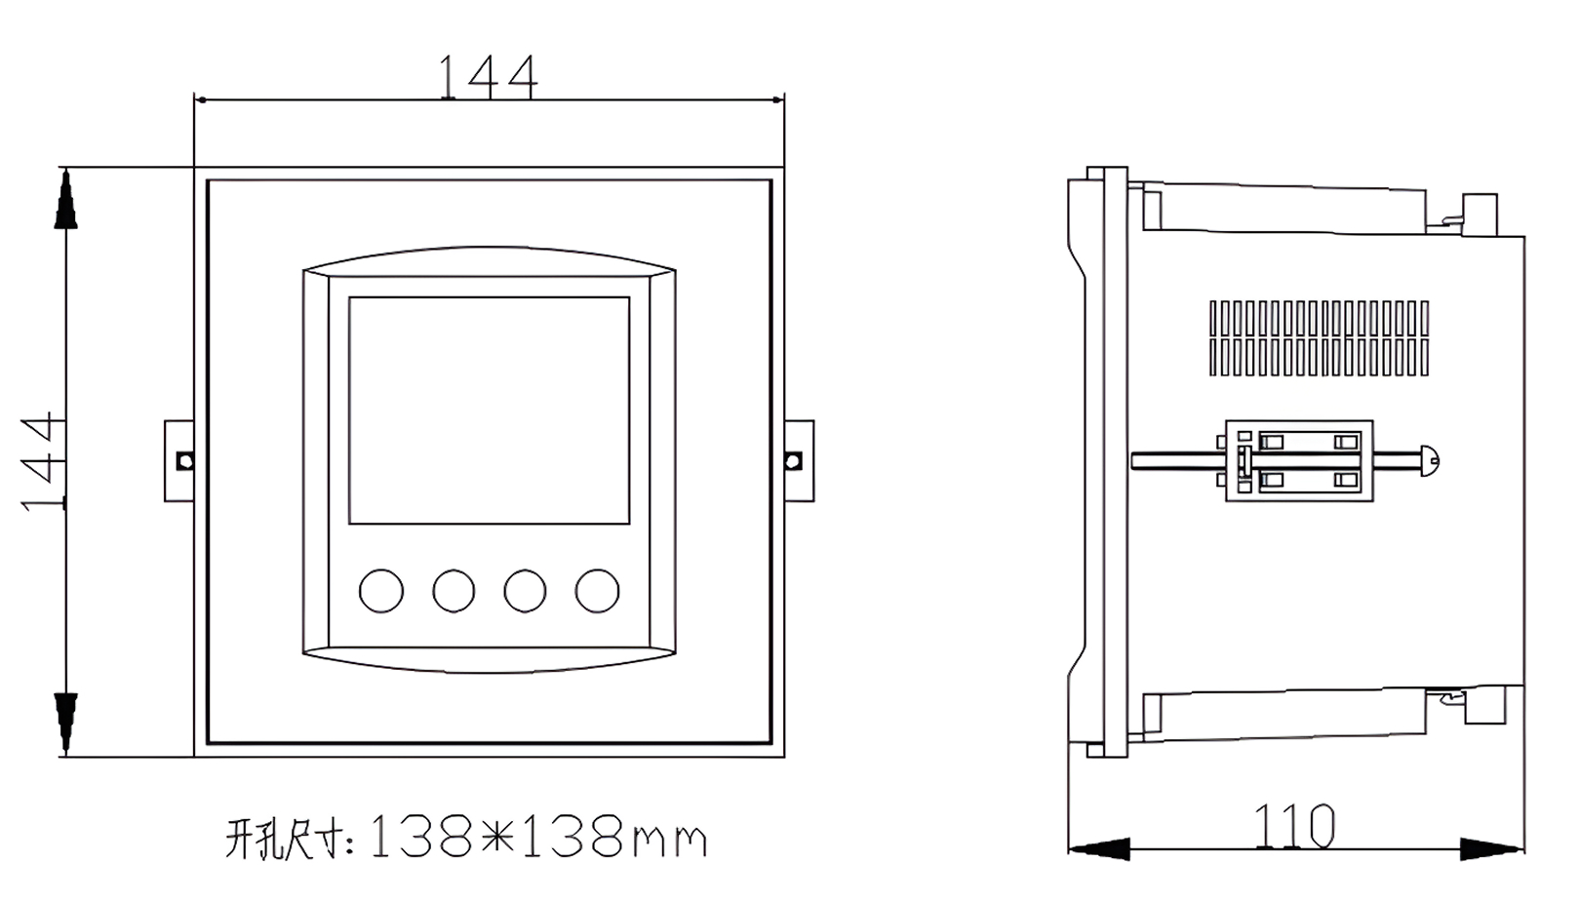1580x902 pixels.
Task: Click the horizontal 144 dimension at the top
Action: (x=487, y=76)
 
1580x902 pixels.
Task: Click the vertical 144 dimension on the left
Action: (x=42, y=461)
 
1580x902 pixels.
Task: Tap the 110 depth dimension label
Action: (x=1293, y=827)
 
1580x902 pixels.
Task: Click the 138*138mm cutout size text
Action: (x=537, y=838)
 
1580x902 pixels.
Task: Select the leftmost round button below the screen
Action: (x=380, y=591)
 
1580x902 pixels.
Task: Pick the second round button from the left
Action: (x=454, y=591)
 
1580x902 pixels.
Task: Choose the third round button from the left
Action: (x=525, y=591)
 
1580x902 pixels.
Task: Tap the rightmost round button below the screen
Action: (x=597, y=591)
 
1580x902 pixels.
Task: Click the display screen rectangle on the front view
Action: (x=489, y=410)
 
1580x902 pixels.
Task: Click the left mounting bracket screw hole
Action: (x=183, y=460)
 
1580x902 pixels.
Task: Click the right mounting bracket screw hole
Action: (x=794, y=460)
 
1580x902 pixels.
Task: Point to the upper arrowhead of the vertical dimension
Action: (x=65, y=200)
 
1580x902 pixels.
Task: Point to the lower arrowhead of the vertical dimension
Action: (x=65, y=722)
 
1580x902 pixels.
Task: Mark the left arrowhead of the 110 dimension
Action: (x=1098, y=848)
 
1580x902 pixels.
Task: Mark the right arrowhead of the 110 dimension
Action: (x=1492, y=848)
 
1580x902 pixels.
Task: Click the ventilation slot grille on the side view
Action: (x=1319, y=337)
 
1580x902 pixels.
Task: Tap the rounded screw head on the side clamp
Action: (x=1429, y=460)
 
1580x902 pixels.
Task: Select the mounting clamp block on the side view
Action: (x=1299, y=460)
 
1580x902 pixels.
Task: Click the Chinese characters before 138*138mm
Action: (x=289, y=839)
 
